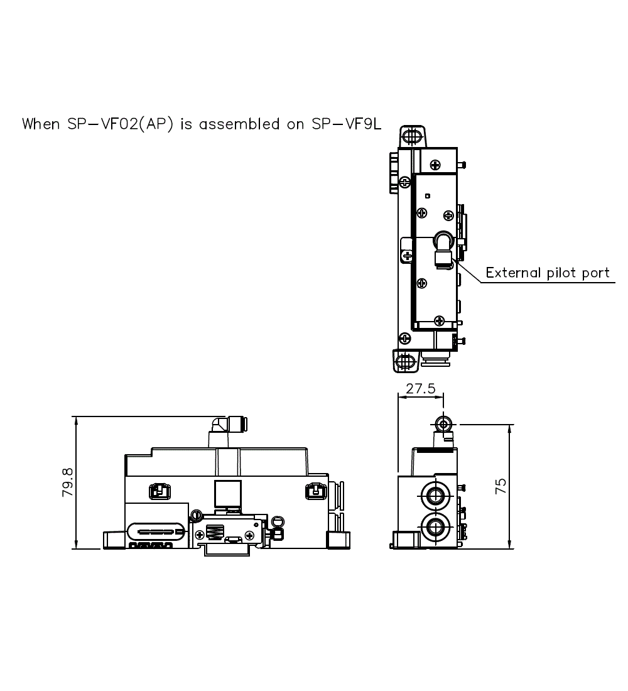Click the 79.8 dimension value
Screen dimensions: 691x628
[x=68, y=482]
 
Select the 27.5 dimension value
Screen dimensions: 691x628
[x=420, y=389]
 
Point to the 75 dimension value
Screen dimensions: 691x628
[x=500, y=486]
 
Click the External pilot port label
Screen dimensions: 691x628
[x=548, y=273]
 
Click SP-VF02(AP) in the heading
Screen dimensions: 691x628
[x=119, y=124]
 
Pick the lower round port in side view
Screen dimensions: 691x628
[x=434, y=525]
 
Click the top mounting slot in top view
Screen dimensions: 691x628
[x=412, y=136]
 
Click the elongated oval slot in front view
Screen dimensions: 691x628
[x=156, y=531]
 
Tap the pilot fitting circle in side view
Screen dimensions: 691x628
[x=444, y=424]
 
